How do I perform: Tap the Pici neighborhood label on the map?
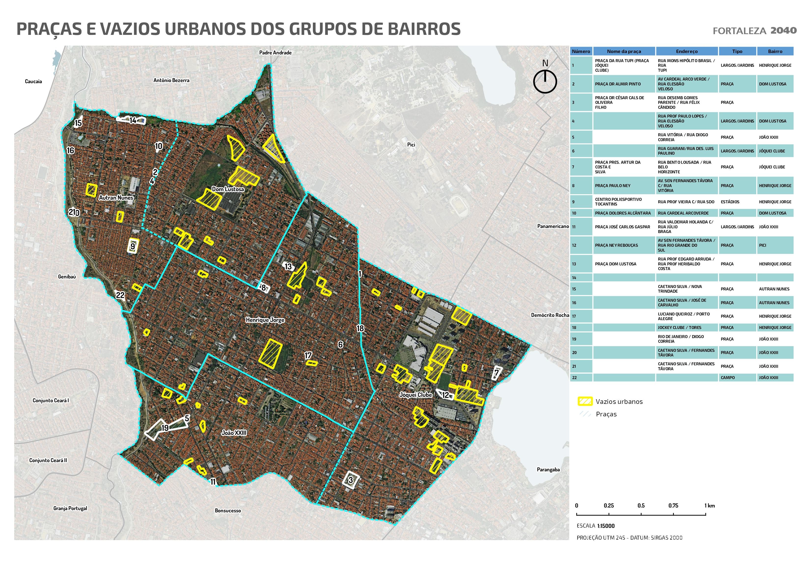[411, 145]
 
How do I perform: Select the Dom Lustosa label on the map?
[228, 189]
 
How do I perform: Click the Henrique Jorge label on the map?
[265, 320]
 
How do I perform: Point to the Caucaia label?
[33, 81]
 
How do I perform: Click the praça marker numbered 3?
[350, 480]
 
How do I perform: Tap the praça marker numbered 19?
[165, 428]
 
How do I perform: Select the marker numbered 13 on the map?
[288, 267]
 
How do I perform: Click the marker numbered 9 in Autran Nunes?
[133, 246]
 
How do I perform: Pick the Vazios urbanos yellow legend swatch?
[585, 401]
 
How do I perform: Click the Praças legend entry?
[606, 414]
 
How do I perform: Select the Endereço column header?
[687, 51]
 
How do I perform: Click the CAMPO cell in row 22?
[728, 378]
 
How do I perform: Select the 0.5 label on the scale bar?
[641, 506]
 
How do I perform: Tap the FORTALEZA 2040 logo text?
[754, 31]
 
